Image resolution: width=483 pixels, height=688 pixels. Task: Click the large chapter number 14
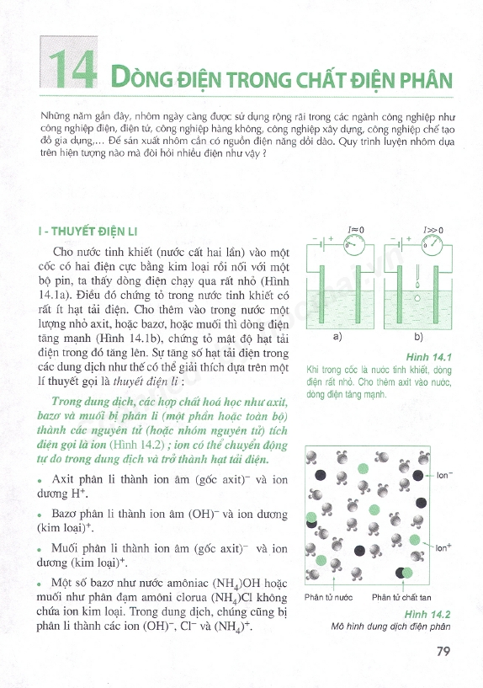coord(72,69)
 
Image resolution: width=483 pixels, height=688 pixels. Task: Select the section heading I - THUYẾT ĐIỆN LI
coord(88,232)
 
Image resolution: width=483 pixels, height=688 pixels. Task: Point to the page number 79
coord(443,651)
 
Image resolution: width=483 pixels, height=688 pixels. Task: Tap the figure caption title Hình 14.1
coord(428,357)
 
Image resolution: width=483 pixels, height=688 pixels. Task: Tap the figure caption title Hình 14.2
coord(427,614)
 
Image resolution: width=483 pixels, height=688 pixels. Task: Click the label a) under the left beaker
coord(337,337)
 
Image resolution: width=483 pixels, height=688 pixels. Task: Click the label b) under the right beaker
coord(418,337)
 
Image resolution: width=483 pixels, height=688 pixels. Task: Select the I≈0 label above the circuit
coord(356,230)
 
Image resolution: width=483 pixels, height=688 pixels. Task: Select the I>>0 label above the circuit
coord(433,230)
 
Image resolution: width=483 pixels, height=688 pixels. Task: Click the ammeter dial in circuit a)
coord(354,244)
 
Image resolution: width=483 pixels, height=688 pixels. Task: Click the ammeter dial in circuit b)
coord(432,244)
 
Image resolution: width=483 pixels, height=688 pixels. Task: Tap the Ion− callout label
coord(445,475)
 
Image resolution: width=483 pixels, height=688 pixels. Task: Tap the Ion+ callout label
coord(443,547)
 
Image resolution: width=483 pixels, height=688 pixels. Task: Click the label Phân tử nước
coord(328,597)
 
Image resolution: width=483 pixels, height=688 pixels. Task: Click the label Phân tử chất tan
coord(401,597)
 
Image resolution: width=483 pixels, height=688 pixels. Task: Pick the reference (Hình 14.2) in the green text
coord(137,445)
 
